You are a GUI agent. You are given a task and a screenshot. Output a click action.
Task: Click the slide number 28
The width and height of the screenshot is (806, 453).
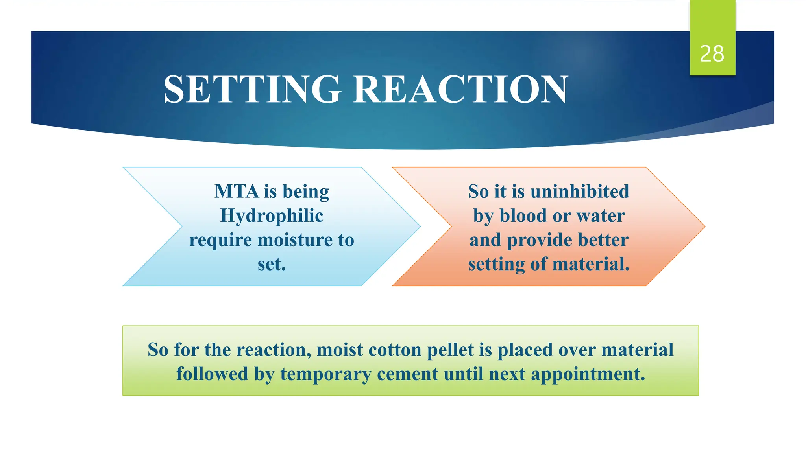point(712,54)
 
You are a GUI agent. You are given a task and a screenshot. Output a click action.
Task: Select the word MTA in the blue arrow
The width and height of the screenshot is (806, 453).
point(237,192)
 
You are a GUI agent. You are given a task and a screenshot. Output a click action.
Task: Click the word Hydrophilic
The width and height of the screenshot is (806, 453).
point(272,216)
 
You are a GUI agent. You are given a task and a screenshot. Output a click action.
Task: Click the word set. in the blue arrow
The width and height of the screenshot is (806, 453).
point(272,264)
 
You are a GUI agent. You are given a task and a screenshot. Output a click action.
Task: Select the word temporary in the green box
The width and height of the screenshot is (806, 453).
point(325,374)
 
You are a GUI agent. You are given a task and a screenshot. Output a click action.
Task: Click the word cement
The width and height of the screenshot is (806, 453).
point(407,374)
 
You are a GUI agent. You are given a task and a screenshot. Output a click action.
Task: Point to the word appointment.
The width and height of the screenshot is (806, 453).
point(588,374)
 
